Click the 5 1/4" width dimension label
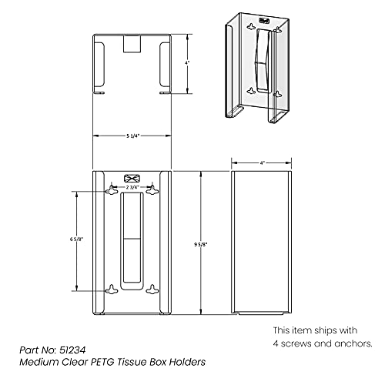click(132, 136)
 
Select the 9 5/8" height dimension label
click(201, 245)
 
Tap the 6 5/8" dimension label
click(76, 239)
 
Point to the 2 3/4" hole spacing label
click(132, 187)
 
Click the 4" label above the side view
click(262, 163)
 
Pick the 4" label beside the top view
click(188, 62)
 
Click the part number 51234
click(72, 350)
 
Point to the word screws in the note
click(296, 343)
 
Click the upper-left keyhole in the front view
click(112, 190)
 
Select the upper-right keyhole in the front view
click(152, 190)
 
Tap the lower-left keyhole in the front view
click(112, 290)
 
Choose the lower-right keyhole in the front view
click(152, 290)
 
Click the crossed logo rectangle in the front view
click(132, 178)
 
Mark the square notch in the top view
click(132, 44)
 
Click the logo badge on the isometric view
click(264, 20)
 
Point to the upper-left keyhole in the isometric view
click(251, 26)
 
